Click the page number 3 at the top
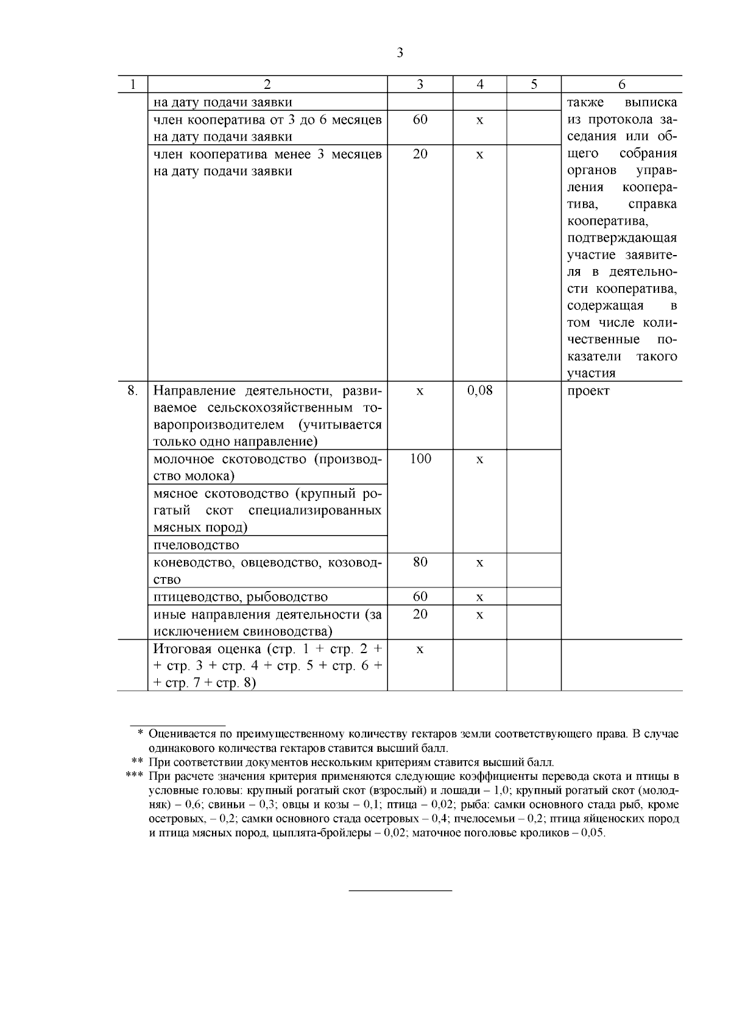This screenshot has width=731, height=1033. tap(400, 53)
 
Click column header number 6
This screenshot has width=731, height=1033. tap(621, 85)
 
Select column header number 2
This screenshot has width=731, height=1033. tap(267, 85)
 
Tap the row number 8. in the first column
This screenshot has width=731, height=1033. tap(132, 390)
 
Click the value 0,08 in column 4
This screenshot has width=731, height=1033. tap(479, 390)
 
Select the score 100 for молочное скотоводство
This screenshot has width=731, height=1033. tap(420, 458)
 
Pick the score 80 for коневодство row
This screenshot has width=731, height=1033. tap(420, 562)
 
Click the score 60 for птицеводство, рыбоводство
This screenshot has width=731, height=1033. tap(420, 596)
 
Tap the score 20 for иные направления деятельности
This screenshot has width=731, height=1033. tap(420, 614)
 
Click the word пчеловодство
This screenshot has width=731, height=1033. tap(196, 545)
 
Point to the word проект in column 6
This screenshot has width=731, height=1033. tap(588, 391)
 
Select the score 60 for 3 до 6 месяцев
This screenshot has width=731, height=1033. tap(420, 119)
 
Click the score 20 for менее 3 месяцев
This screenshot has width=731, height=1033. tap(420, 154)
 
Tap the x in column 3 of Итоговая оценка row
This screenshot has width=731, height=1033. tap(420, 650)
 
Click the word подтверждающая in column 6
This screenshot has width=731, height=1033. tap(621, 238)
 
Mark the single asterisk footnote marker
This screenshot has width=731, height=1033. tap(140, 734)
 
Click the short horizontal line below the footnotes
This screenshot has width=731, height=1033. tap(400, 891)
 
